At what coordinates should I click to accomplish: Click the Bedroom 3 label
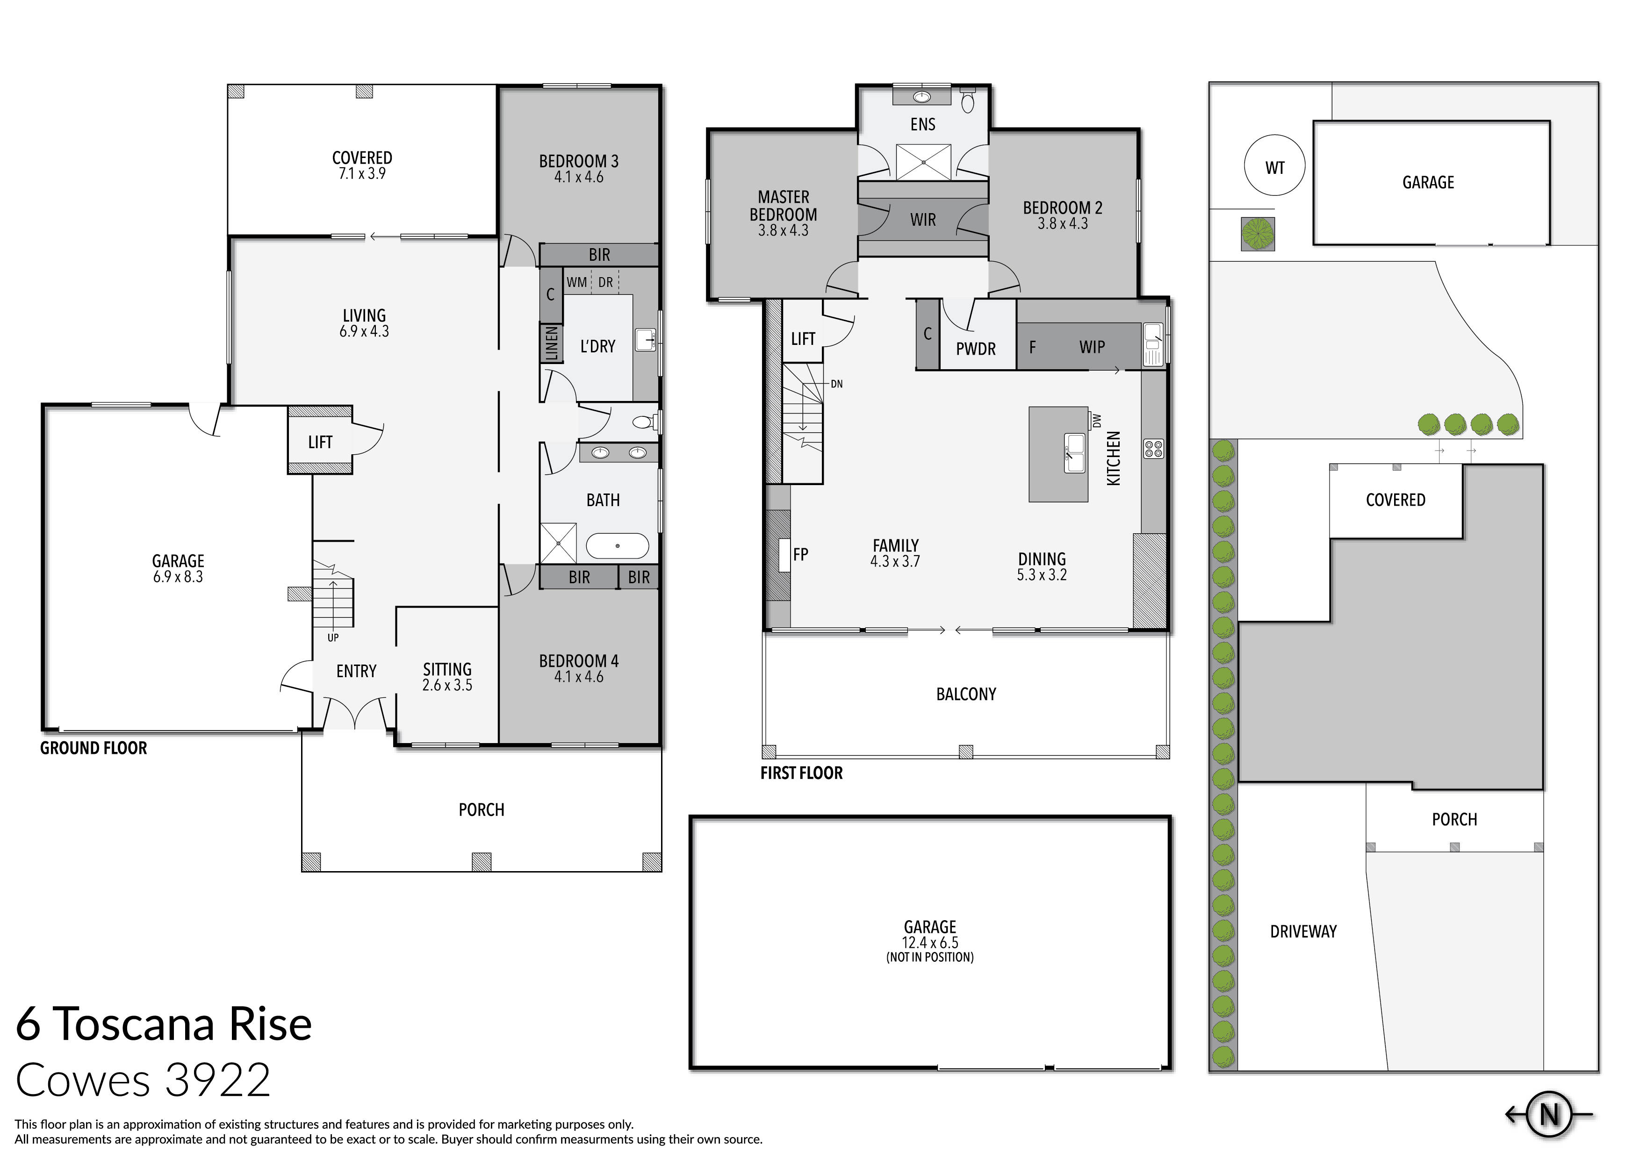pos(579,161)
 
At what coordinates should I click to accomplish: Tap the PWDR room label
pos(975,349)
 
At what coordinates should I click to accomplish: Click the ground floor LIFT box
pos(320,442)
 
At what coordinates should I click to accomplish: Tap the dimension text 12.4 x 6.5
pos(929,943)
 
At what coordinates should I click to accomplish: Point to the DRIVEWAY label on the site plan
pos(1303,931)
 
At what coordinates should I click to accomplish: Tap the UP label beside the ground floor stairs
pos(333,638)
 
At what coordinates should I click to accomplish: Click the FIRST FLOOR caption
pos(801,773)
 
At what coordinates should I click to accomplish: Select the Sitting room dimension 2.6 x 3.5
pos(447,686)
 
